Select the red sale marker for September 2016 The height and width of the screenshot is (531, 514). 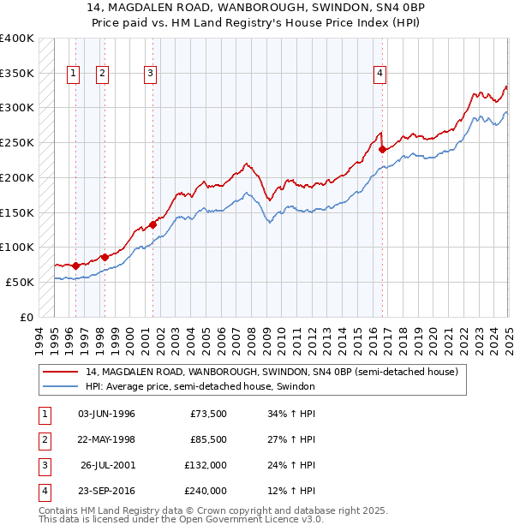[383, 149]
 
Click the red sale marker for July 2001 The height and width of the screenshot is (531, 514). [152, 224]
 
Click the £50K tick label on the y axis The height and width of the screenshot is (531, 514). [20, 282]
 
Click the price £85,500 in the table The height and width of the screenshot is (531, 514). [208, 440]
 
